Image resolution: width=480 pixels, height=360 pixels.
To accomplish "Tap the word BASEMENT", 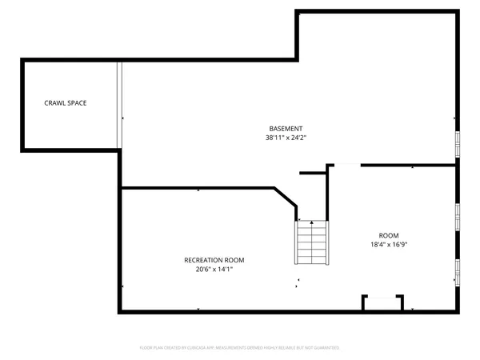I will click(x=286, y=129).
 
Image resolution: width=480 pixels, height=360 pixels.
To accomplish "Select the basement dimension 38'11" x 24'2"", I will click(x=286, y=138).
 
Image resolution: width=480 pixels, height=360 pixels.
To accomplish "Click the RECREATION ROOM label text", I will click(x=214, y=260).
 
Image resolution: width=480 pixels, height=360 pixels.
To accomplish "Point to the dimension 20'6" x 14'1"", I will click(x=214, y=270).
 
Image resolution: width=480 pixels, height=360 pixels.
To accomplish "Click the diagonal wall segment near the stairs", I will click(x=286, y=198).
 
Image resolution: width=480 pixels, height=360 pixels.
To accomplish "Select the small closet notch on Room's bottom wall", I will click(x=382, y=302).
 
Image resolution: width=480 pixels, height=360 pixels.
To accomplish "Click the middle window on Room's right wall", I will click(x=458, y=216).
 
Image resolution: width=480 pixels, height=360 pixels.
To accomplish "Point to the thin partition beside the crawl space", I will click(x=119, y=105).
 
